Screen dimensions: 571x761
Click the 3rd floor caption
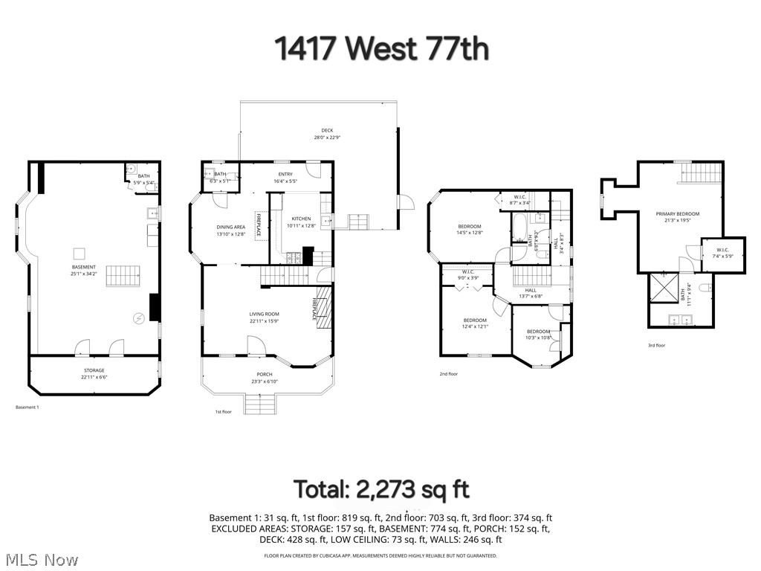pyautogui.click(x=656, y=346)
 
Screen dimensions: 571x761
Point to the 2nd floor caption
pyautogui.click(x=448, y=374)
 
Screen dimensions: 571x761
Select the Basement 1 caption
pyautogui.click(x=27, y=407)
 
